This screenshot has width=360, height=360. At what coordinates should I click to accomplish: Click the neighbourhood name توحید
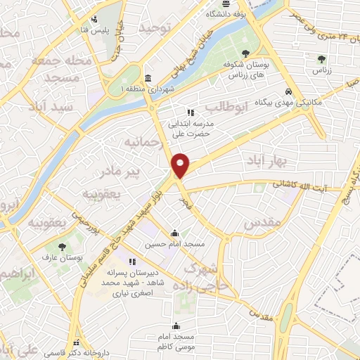[155, 28]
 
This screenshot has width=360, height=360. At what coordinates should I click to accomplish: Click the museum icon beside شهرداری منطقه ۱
[148, 78]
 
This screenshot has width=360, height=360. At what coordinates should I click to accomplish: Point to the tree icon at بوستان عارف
[62, 247]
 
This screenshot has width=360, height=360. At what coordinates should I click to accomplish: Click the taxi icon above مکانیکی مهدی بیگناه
[288, 91]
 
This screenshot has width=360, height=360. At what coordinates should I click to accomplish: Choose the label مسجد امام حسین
[175, 245]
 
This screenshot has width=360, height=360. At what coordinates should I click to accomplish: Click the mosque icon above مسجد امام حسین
[175, 233]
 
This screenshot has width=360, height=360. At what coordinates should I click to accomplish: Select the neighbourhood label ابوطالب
[226, 107]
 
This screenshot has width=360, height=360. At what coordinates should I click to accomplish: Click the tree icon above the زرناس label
[321, 58]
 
